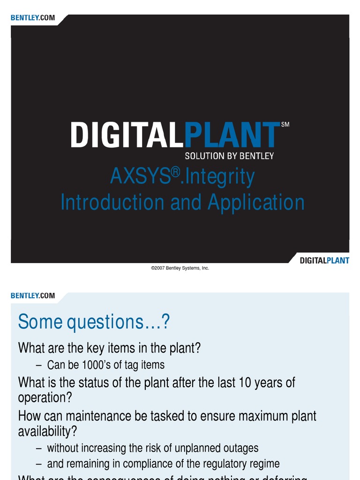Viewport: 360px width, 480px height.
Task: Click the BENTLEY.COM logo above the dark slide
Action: coord(33,18)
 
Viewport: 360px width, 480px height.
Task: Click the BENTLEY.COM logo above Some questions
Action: coord(33,296)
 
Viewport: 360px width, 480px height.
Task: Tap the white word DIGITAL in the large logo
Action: coord(125,135)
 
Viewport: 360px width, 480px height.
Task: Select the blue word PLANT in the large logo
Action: coord(230,135)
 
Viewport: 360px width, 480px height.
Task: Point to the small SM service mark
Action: coord(285,125)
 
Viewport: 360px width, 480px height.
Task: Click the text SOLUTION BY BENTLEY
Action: coord(229,156)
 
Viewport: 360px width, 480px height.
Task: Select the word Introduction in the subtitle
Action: coord(112,202)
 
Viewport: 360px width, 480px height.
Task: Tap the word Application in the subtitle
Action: coord(256,202)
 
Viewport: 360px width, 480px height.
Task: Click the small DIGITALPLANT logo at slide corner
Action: coord(324,260)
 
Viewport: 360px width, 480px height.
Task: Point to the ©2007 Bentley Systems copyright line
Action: coord(180,268)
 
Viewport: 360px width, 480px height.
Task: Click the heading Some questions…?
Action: coord(94,322)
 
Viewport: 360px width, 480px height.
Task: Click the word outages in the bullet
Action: coord(240,449)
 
